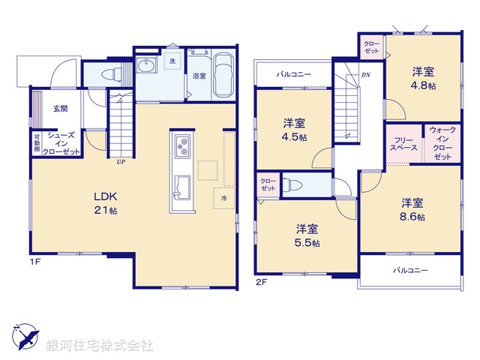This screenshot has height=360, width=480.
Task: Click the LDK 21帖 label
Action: (x=105, y=203)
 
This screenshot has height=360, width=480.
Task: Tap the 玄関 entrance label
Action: (x=60, y=108)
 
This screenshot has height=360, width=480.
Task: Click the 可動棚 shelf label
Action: (x=36, y=142)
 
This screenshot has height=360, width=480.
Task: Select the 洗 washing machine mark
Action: (x=172, y=61)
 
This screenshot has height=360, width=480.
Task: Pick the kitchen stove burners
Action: (x=182, y=147)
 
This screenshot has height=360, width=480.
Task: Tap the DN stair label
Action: (x=365, y=75)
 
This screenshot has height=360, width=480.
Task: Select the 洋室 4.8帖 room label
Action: (x=423, y=79)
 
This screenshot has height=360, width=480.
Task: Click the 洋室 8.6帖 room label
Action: (x=411, y=209)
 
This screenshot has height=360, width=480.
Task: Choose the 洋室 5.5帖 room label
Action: (x=306, y=235)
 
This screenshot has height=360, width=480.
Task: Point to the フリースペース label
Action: (x=403, y=145)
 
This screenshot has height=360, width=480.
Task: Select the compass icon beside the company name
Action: (x=24, y=335)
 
